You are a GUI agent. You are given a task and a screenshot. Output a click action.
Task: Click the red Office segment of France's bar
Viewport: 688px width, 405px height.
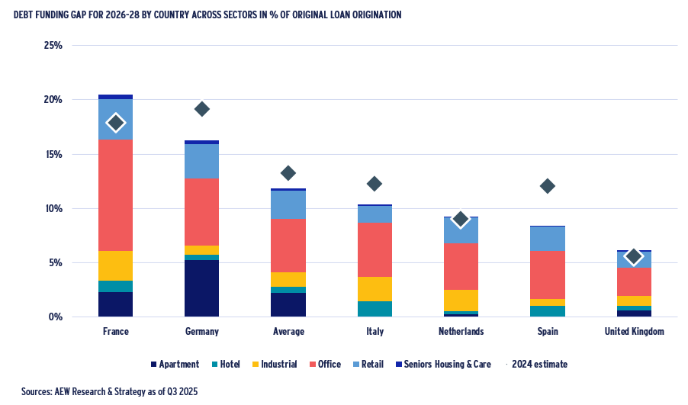(115, 195)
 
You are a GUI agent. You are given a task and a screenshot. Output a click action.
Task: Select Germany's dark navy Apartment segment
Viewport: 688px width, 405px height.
(201, 288)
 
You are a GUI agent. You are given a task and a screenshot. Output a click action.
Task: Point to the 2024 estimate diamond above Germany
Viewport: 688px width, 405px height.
(201, 109)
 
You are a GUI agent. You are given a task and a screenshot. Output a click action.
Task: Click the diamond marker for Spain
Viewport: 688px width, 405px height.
(547, 186)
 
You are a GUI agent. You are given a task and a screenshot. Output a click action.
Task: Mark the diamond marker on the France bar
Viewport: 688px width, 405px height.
(115, 123)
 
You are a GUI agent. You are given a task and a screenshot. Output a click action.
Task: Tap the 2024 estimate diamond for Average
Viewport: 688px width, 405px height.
(288, 173)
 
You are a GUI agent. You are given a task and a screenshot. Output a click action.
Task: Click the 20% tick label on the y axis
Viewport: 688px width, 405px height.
(52, 100)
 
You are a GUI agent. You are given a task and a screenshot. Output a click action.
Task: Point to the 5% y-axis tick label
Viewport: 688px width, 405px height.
(55, 263)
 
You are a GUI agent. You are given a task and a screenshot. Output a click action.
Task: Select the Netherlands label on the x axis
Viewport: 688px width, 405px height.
(460, 332)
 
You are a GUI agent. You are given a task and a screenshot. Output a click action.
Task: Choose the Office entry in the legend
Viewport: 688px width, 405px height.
(323, 365)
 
